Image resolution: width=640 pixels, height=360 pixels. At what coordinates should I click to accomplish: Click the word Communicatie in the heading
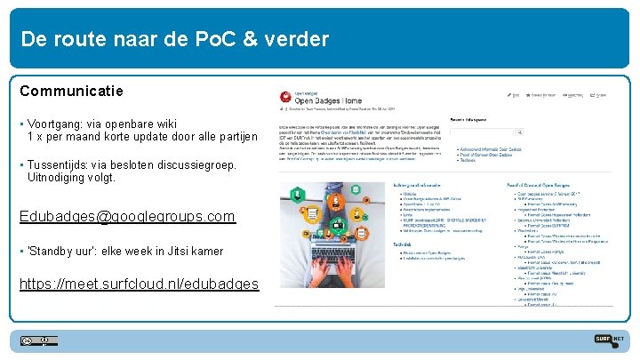tap(71, 91)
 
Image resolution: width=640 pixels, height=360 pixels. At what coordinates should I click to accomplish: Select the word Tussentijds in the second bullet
tap(60, 164)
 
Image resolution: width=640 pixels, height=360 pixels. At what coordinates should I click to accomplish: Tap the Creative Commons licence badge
tap(39, 340)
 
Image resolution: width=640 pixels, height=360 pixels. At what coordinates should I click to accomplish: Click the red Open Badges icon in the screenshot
tap(284, 96)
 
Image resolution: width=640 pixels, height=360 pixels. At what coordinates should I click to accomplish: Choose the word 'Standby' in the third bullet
tap(54, 251)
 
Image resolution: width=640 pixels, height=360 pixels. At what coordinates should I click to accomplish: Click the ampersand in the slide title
tap(252, 39)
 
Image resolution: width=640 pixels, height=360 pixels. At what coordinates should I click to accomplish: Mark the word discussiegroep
tap(200, 164)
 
